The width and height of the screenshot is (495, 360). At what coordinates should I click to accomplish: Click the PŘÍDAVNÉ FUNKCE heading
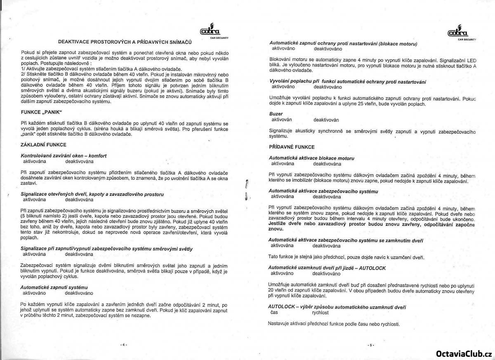tap(292, 147)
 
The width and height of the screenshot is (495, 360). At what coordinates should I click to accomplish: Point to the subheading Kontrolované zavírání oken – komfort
tap(64, 156)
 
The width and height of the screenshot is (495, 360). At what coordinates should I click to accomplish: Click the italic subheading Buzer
tap(276, 113)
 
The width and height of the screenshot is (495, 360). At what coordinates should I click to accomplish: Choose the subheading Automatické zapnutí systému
tap(54, 287)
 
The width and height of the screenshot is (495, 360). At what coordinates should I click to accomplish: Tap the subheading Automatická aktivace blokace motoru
tap(311, 158)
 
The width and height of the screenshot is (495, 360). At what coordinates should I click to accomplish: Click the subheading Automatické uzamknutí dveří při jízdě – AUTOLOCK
tap(327, 268)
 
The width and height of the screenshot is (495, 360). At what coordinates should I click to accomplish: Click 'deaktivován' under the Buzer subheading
tap(326, 120)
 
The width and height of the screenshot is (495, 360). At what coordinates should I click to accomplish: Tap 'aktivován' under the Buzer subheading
tap(282, 120)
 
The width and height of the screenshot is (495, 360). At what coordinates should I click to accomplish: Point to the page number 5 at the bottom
tap(371, 345)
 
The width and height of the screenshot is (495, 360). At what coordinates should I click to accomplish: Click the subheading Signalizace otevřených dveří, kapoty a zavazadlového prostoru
tap(92, 194)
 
